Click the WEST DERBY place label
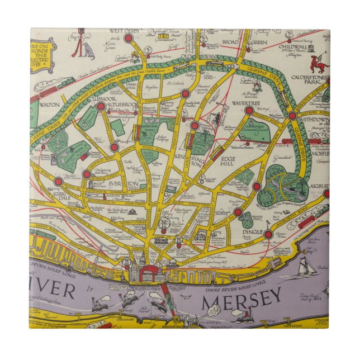(x=125, y=30)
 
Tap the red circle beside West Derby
(x=129, y=39)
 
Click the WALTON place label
(x=51, y=103)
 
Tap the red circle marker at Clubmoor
(x=101, y=106)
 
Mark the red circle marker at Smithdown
(x=292, y=115)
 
